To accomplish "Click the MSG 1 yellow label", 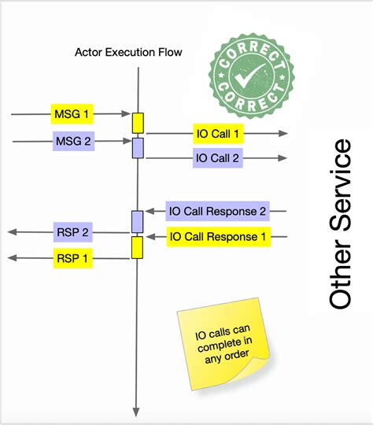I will pyautogui.click(x=72, y=115).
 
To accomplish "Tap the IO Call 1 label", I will pyautogui.click(x=218, y=134).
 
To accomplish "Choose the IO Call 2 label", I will pyautogui.click(x=218, y=158).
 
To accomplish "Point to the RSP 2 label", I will pyautogui.click(x=72, y=232).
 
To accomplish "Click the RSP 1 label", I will pyautogui.click(x=72, y=257).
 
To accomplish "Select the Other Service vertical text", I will pyautogui.click(x=340, y=224).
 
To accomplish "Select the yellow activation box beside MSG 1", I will pyautogui.click(x=138, y=123).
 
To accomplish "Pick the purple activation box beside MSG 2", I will pyautogui.click(x=138, y=147).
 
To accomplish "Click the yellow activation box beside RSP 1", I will pyautogui.click(x=138, y=247).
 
